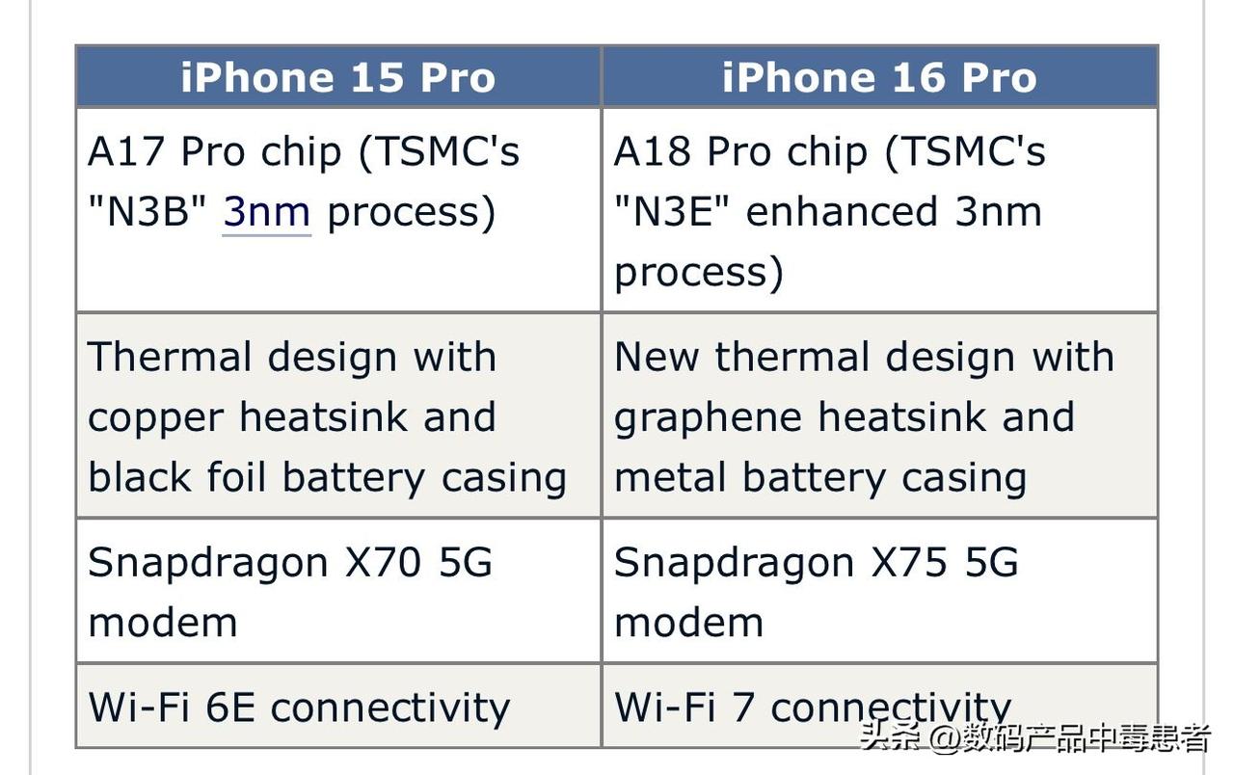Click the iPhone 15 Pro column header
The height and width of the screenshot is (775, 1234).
pos(338,77)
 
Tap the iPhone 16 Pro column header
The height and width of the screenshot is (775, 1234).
pos(880,77)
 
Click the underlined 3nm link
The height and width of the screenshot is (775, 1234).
pos(267,211)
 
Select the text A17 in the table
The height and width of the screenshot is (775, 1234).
pos(126,151)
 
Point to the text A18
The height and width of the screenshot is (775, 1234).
pos(653,151)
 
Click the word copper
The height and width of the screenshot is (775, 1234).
pos(155,418)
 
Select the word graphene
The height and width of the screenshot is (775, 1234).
pos(708,418)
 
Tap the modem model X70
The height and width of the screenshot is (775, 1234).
pos(383,562)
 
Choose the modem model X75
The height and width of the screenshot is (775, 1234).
pos(909,562)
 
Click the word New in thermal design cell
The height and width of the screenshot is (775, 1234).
pos(657,357)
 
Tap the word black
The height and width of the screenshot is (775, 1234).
pos(140,477)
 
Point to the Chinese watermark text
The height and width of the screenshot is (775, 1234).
pos(1035,737)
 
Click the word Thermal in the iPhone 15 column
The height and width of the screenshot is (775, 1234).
pos(170,357)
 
